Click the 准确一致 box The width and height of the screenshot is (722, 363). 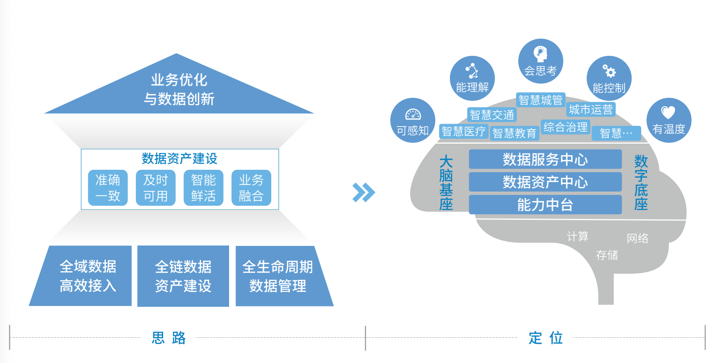[108, 188]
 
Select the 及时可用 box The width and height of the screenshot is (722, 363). [155, 188]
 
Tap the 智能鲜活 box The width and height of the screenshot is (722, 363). [203, 188]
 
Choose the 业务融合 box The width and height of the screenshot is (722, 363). [251, 188]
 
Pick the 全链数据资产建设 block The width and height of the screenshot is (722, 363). [183, 276]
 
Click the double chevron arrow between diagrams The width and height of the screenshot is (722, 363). [363, 192]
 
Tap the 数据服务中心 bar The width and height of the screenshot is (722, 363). [545, 159]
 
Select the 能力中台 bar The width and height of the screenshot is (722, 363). [545, 205]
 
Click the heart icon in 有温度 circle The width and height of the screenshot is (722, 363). [668, 112]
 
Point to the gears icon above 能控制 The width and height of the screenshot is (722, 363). [608, 71]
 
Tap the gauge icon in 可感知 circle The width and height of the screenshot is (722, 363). [413, 114]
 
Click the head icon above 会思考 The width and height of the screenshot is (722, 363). [541, 54]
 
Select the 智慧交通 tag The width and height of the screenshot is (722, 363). [492, 115]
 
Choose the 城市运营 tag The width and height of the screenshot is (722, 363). [590, 109]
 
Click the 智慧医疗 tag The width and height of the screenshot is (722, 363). [463, 131]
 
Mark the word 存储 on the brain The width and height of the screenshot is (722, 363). [607, 255]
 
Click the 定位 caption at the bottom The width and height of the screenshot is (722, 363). [546, 338]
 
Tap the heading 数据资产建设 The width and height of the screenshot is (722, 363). [180, 158]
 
